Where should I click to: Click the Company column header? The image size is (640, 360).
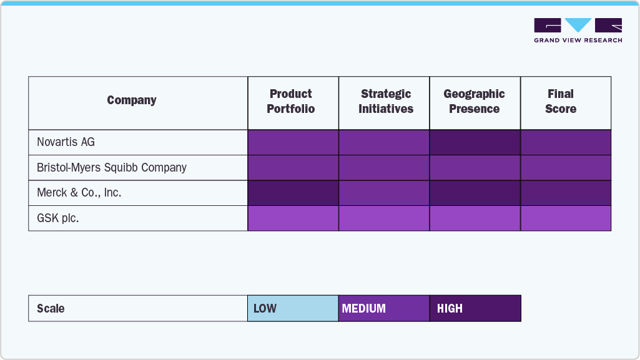click(132, 100)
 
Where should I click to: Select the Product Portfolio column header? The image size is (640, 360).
click(291, 102)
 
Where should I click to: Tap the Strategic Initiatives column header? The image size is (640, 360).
click(385, 102)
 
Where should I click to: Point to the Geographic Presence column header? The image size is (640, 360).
click(475, 102)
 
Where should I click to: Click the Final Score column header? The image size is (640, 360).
click(560, 102)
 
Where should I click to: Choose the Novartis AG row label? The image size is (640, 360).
click(66, 142)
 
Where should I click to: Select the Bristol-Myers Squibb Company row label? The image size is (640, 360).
click(111, 168)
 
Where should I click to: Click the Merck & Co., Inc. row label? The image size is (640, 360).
click(79, 193)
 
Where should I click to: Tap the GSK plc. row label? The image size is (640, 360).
click(57, 218)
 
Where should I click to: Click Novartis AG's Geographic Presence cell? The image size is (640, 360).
click(475, 142)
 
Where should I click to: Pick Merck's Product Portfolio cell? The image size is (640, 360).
click(293, 193)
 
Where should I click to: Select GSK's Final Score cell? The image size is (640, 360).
click(565, 218)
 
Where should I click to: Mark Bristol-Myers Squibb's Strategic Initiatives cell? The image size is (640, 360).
click(384, 168)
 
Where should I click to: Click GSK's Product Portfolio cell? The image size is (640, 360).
click(293, 218)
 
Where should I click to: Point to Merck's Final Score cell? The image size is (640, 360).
click(565, 193)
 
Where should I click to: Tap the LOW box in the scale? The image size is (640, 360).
click(293, 308)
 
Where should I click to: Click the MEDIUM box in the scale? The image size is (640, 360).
click(384, 308)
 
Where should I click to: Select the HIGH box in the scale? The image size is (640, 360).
click(475, 308)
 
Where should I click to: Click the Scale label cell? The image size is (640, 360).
click(137, 308)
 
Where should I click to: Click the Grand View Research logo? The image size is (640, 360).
click(578, 31)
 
